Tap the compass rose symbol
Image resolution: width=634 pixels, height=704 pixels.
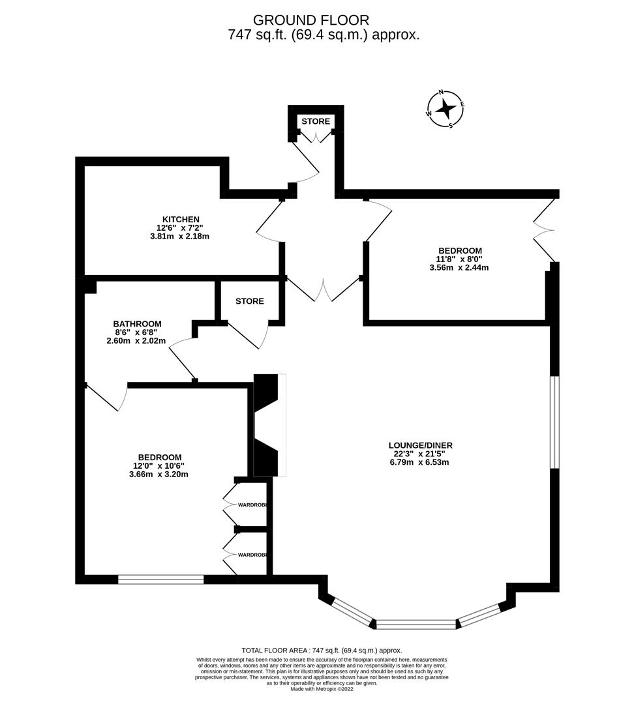pos(445,108)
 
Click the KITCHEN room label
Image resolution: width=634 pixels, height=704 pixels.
pos(181,219)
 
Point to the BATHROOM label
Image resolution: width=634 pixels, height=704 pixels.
pos(137,324)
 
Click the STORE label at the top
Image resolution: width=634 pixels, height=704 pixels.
pos(316,122)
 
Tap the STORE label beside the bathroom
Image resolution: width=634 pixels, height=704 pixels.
pos(250,301)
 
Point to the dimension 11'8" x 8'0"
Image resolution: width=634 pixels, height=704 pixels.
pos(459,259)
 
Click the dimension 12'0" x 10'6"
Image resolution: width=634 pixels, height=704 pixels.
pos(160,466)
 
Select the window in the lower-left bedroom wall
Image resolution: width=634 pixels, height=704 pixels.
pos(160,579)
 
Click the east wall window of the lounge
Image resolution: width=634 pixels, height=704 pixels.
pos(554,422)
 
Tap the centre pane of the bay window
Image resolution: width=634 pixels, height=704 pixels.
pos(416,624)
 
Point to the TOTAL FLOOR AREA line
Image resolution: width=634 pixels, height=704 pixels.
pos(322,651)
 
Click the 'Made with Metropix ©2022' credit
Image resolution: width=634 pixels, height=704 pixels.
pos(322,689)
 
